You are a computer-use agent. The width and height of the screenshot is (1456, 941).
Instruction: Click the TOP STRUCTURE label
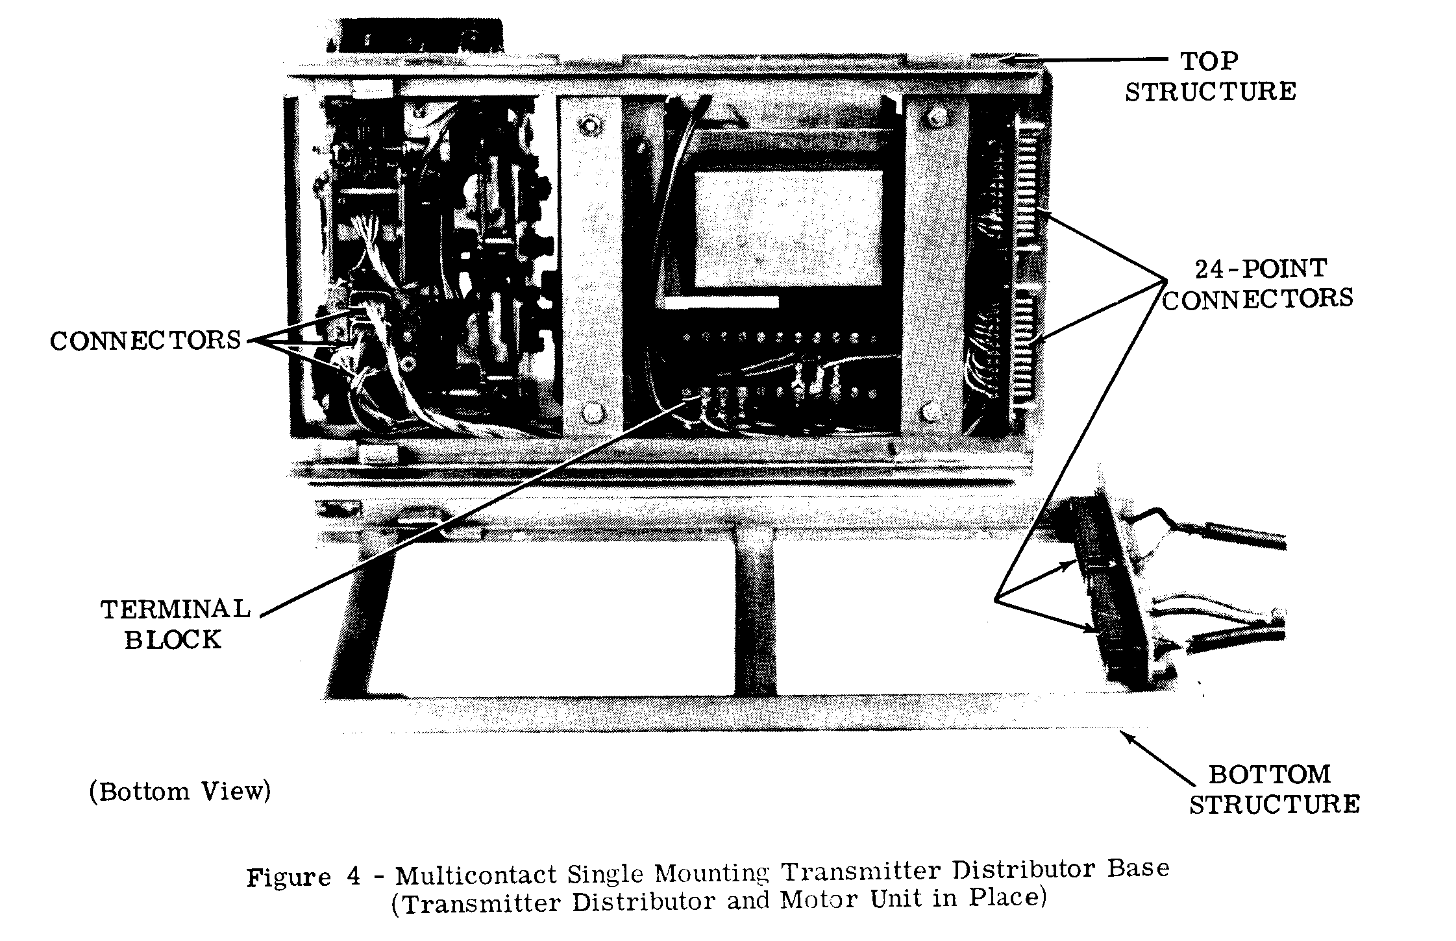click(x=1210, y=77)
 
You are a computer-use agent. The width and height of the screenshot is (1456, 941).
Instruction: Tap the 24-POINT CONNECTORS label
click(x=1257, y=284)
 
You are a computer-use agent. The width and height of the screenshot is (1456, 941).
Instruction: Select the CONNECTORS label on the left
click(x=145, y=340)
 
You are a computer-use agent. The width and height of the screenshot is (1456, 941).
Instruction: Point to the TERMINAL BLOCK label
click(x=174, y=624)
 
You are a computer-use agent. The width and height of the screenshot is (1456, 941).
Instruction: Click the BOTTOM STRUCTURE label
click(x=1274, y=789)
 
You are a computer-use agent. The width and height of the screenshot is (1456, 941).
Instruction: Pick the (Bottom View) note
click(x=180, y=792)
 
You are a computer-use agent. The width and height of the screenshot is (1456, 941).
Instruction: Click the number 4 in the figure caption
click(x=354, y=876)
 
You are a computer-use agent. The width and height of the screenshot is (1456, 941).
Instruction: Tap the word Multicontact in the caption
click(x=476, y=874)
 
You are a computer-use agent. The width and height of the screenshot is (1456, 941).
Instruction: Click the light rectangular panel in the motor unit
click(x=787, y=228)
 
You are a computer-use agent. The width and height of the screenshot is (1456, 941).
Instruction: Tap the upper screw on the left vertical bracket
click(x=590, y=124)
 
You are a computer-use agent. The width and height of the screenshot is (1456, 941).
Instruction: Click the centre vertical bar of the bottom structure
click(x=755, y=617)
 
